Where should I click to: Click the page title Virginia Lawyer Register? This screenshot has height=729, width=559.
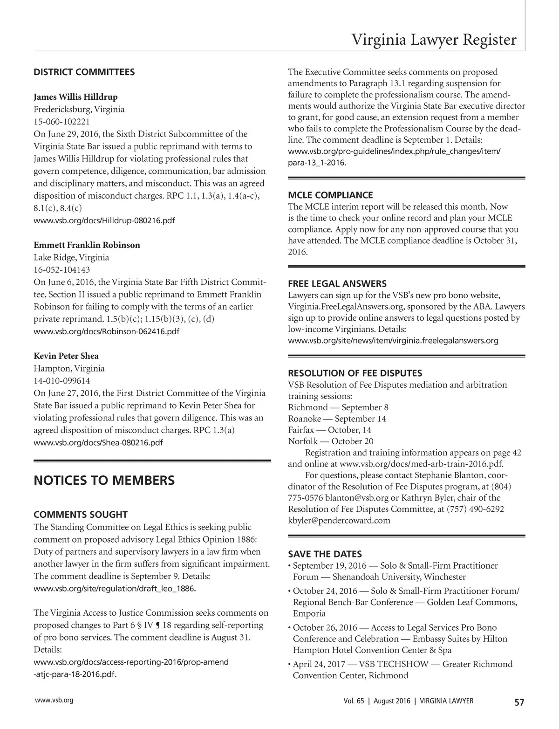click(x=434, y=40)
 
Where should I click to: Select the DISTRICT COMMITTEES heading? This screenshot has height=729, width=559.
click(x=84, y=72)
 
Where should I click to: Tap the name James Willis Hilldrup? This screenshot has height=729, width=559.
click(x=75, y=97)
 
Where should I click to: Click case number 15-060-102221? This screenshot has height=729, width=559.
click(x=62, y=122)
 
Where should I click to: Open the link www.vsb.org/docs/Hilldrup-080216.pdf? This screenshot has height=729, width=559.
click(x=104, y=220)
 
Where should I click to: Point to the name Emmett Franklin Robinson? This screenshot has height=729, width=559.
click(x=87, y=245)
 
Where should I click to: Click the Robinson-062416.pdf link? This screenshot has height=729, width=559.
click(x=106, y=331)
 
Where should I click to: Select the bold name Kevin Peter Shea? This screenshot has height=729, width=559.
click(x=66, y=356)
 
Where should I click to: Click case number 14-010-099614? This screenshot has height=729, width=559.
click(x=62, y=381)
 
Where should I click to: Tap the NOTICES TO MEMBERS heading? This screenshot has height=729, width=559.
click(x=104, y=480)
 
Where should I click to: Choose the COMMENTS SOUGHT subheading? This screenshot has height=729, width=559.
click(x=81, y=515)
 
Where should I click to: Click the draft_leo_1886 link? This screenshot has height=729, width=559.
click(x=115, y=589)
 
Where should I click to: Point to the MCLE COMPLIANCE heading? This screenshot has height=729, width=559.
click(x=330, y=195)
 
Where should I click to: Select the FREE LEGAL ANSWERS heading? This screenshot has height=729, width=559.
click(x=337, y=283)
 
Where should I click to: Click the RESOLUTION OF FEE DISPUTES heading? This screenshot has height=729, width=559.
click(x=355, y=373)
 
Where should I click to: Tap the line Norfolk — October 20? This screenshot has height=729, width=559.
click(x=331, y=441)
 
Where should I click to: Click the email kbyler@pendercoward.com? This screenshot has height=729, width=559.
click(x=339, y=520)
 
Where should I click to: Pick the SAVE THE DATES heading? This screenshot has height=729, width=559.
click(x=325, y=554)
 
